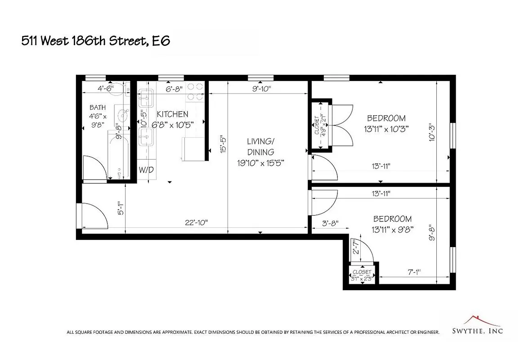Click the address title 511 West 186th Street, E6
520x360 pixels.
click(96, 41)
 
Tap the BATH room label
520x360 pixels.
click(98, 108)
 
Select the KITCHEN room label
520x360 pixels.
click(172, 114)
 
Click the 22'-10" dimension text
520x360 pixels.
click(196, 222)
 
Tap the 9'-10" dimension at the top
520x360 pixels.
click(261, 89)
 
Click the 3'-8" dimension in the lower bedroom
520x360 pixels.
click(330, 223)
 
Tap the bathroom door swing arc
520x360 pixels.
click(95, 169)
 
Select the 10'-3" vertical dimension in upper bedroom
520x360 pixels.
click(433, 133)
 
